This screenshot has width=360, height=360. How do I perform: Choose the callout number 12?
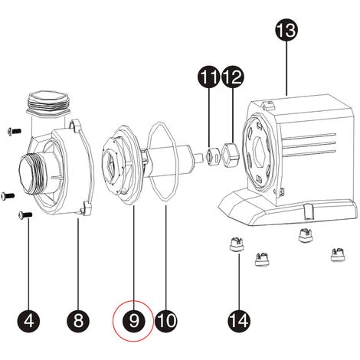coord(232,77)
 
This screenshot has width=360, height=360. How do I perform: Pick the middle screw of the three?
coord(8,195)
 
